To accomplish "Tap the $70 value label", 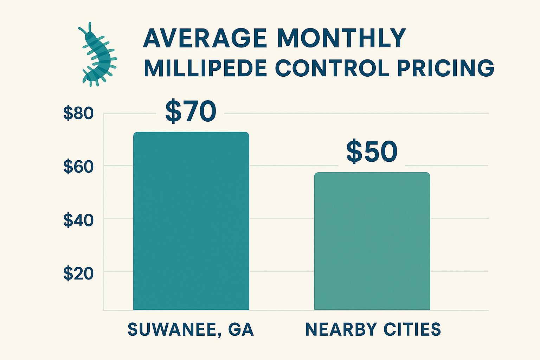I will pos(190,111).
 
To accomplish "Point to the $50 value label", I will pos(372,152).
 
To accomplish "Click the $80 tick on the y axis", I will pos(78,114).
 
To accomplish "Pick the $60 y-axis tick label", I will pos(78,167).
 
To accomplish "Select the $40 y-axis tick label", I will pos(78,220).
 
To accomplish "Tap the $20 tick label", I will pos(78,274).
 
